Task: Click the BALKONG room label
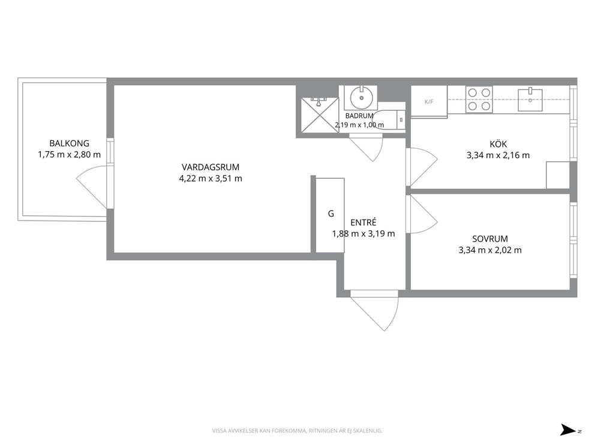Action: (69, 143)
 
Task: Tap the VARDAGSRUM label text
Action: (210, 167)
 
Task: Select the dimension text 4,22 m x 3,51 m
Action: (210, 179)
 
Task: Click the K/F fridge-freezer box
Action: (429, 101)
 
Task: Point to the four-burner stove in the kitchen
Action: (479, 100)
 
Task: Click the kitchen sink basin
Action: (530, 100)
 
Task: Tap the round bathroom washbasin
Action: (361, 98)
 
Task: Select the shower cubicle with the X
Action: (320, 115)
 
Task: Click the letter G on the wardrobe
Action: (331, 214)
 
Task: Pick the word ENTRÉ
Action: (363, 222)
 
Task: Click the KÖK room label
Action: (498, 144)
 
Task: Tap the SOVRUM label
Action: (490, 239)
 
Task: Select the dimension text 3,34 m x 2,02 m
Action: (490, 251)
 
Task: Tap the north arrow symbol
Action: (569, 430)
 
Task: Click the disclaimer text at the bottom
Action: (297, 431)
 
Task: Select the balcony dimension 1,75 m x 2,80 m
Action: (69, 155)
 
